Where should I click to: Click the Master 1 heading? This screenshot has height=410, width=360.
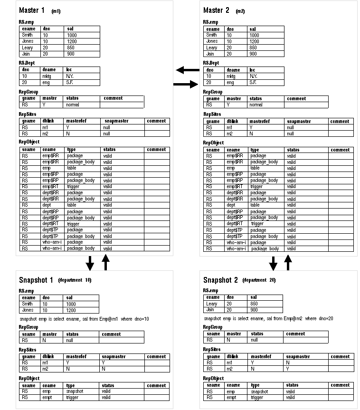tap(32, 10)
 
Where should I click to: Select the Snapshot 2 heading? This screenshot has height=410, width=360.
tap(220, 280)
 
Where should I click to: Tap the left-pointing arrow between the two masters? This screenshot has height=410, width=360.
tap(188, 70)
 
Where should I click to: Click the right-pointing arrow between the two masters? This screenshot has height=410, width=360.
tap(186, 85)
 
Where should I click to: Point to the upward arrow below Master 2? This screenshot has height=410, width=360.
tap(287, 262)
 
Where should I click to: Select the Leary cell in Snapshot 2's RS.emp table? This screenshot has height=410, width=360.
tap(212, 304)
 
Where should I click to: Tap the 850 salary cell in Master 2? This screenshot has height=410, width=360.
tap(253, 48)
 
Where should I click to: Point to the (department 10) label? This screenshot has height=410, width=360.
tap(75, 280)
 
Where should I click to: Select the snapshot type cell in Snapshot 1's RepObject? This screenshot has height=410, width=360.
tap(75, 391)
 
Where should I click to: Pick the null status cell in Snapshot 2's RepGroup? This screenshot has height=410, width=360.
tap(255, 340)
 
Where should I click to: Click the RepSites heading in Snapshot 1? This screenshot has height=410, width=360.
tap(28, 349)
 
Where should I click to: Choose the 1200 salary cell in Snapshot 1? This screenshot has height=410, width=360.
tap(71, 310)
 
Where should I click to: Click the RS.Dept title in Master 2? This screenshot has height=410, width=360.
tap(211, 63)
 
